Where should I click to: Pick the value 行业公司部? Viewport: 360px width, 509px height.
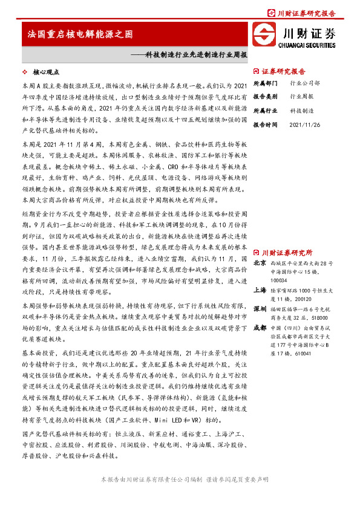tap(305, 83)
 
